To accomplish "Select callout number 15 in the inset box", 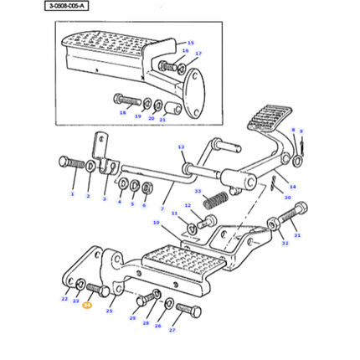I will point(190,43).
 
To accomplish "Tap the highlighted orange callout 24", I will point(87,306).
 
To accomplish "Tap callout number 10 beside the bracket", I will point(156,222).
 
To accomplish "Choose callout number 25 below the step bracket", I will point(109,311).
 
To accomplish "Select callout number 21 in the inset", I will point(162,121).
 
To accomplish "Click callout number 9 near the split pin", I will point(301,131).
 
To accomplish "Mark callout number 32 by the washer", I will point(285,244).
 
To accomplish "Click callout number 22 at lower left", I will point(65,299).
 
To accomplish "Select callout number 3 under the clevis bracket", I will point(104,199).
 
